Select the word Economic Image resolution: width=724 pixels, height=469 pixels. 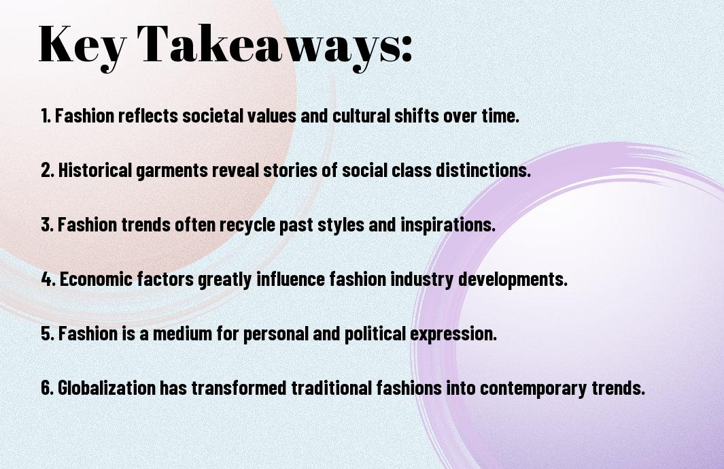pos(92,279)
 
